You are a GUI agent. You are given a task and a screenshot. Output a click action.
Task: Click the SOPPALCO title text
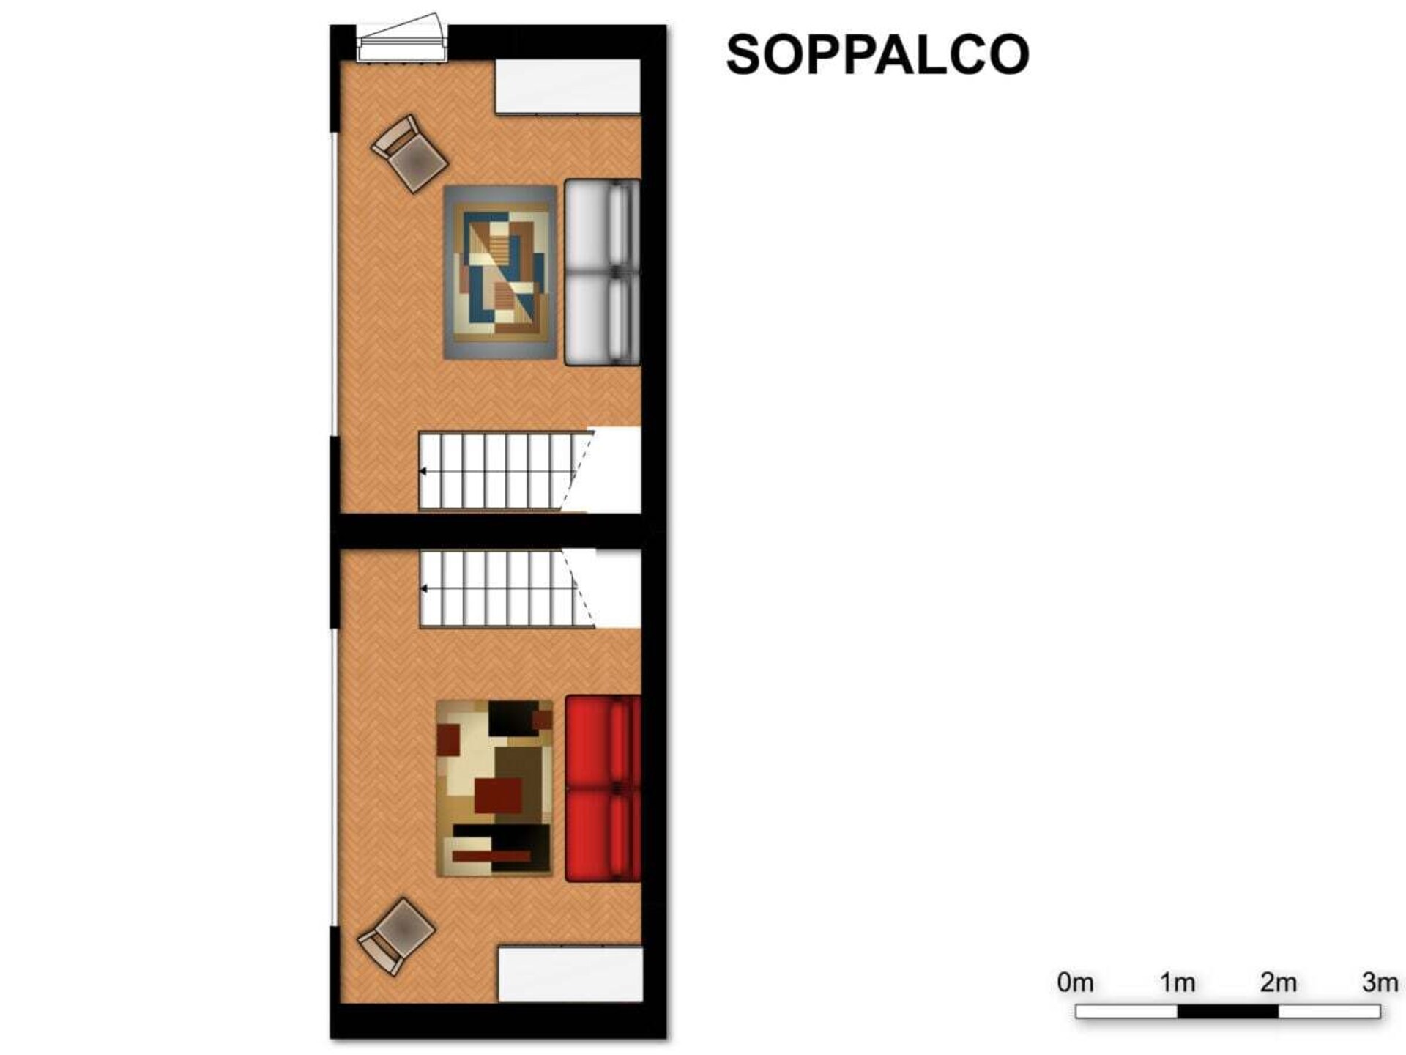coord(878,54)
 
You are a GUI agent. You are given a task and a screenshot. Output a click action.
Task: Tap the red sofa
coord(603,788)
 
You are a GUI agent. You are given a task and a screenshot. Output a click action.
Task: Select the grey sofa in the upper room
coord(603,273)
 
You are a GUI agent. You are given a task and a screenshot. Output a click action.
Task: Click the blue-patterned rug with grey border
coord(500,273)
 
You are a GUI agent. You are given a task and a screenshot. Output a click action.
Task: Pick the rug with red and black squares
coord(494,788)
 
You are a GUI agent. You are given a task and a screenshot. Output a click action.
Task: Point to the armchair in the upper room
coord(409,153)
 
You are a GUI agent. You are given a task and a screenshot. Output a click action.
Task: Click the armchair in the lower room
coord(396,937)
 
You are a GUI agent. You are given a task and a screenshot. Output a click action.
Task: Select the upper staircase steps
coord(505,470)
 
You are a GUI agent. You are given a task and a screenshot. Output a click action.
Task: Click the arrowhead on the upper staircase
coord(423,471)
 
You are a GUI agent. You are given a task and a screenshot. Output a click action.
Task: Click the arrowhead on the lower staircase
coord(424,588)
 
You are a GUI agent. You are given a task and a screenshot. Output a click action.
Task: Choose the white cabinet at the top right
coord(568,86)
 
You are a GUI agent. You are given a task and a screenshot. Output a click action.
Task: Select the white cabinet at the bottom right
coord(570,974)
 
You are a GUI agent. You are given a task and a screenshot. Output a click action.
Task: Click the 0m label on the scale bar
coord(1075,982)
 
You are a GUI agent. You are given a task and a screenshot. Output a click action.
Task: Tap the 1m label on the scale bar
coord(1177,982)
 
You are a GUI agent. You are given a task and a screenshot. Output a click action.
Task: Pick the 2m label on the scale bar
coord(1279,982)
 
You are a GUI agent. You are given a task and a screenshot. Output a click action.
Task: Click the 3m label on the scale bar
coord(1380,982)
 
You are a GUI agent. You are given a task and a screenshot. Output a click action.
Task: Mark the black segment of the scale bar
coord(1228,1012)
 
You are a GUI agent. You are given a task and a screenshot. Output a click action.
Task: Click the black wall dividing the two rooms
coord(498,530)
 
